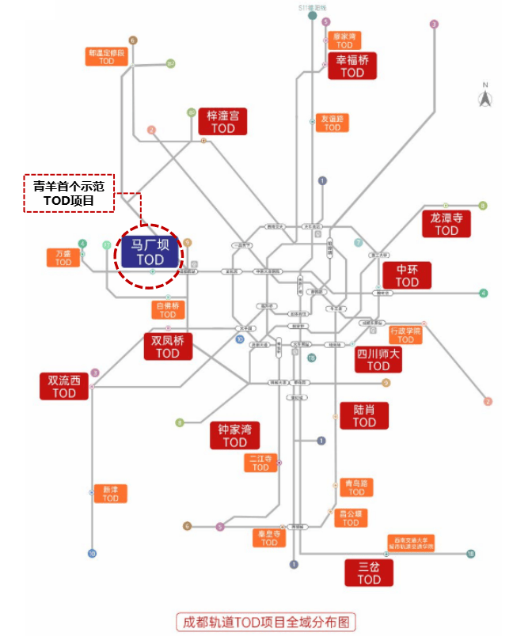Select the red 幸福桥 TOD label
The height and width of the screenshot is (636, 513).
coord(352,66)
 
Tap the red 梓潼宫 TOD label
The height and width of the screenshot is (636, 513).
coord(222,122)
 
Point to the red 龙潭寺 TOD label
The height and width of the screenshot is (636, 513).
coord(446,223)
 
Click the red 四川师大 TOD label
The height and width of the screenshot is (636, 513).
coord(378,359)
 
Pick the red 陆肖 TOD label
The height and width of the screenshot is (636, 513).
coord(364,415)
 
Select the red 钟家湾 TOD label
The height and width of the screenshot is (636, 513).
coord(235,436)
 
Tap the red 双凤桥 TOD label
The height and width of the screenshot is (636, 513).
coord(168,346)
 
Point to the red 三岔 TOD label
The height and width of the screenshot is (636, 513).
coord(369,573)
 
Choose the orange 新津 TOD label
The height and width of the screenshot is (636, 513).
coord(110,493)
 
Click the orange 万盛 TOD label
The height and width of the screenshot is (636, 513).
coord(63,258)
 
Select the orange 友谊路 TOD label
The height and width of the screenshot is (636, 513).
coord(332,123)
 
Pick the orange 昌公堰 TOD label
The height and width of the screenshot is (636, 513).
coord(350,517)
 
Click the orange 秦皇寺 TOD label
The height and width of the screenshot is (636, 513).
coord(269,538)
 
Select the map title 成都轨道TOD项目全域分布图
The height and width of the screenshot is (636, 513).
coord(265,621)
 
